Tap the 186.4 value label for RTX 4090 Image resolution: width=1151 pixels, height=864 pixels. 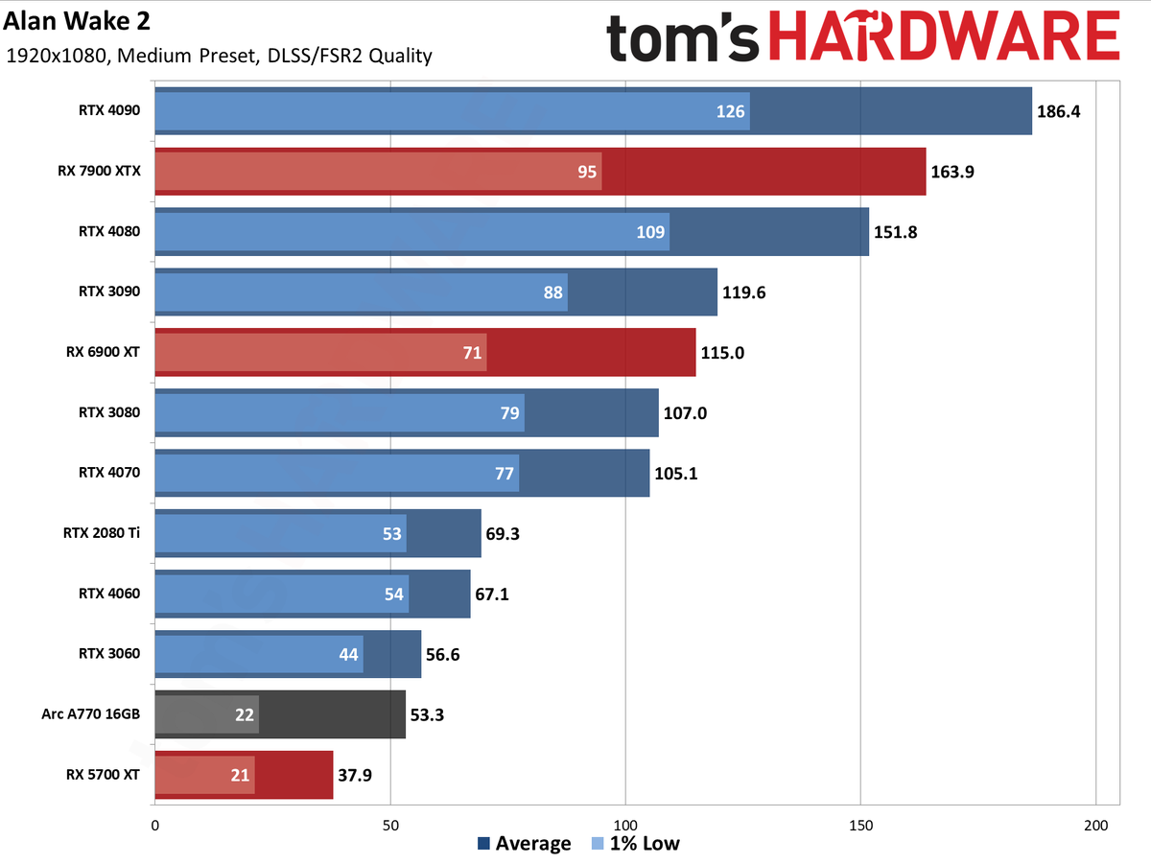pyautogui.click(x=1059, y=111)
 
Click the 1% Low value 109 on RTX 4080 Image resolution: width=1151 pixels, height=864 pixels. pyautogui.click(x=648, y=232)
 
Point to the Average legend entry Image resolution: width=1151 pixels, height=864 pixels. pyautogui.click(x=524, y=844)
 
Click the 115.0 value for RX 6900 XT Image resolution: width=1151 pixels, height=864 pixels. pyautogui.click(x=721, y=353)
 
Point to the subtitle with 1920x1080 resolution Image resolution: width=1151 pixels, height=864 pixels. pyautogui.click(x=218, y=56)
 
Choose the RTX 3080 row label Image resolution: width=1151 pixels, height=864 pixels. pyautogui.click(x=109, y=412)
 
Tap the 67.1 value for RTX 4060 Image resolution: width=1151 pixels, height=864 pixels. pyautogui.click(x=491, y=594)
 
